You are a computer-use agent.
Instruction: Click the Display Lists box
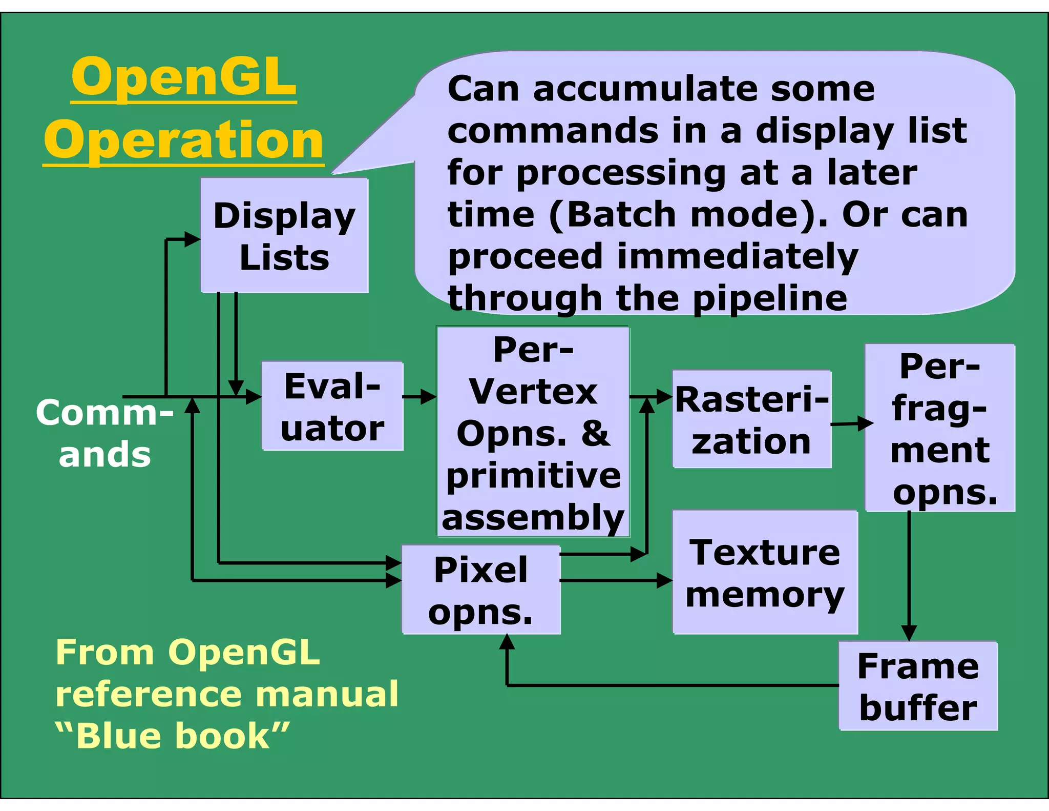(x=284, y=235)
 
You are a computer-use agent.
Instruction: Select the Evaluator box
(x=332, y=406)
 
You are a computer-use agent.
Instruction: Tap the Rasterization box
(x=751, y=419)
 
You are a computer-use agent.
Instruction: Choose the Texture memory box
(x=765, y=572)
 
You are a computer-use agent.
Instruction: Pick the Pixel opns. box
(x=481, y=590)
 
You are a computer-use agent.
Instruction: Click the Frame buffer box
(x=918, y=686)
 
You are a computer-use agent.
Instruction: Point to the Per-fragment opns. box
(x=940, y=428)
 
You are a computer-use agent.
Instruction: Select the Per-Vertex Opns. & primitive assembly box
(x=533, y=432)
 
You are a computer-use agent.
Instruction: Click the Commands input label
(x=104, y=433)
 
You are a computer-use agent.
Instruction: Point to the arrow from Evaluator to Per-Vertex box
(x=419, y=396)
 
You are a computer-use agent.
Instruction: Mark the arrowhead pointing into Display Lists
(x=193, y=239)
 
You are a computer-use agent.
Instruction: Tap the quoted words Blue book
(x=173, y=736)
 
